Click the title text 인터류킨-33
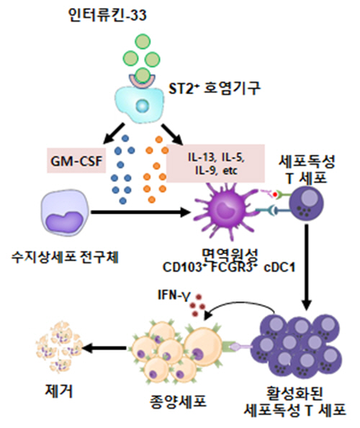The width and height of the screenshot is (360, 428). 108,15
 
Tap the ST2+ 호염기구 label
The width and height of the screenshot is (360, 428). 215,88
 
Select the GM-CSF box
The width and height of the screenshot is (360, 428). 76,161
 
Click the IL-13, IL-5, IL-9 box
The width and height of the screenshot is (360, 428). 215,163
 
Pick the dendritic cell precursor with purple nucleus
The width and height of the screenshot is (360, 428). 65,212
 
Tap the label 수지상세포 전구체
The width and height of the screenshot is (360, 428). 65,257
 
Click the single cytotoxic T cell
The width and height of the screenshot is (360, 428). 307,204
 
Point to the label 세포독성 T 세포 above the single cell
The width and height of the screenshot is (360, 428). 307,170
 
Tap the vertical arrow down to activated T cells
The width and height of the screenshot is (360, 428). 307,267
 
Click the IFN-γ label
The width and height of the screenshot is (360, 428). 174,296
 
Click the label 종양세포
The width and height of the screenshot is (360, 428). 178,401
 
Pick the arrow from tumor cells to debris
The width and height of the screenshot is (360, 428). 104,348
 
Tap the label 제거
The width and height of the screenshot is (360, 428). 59,391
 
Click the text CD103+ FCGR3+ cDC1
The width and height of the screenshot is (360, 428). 229,267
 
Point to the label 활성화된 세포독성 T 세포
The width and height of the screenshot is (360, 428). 295,401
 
